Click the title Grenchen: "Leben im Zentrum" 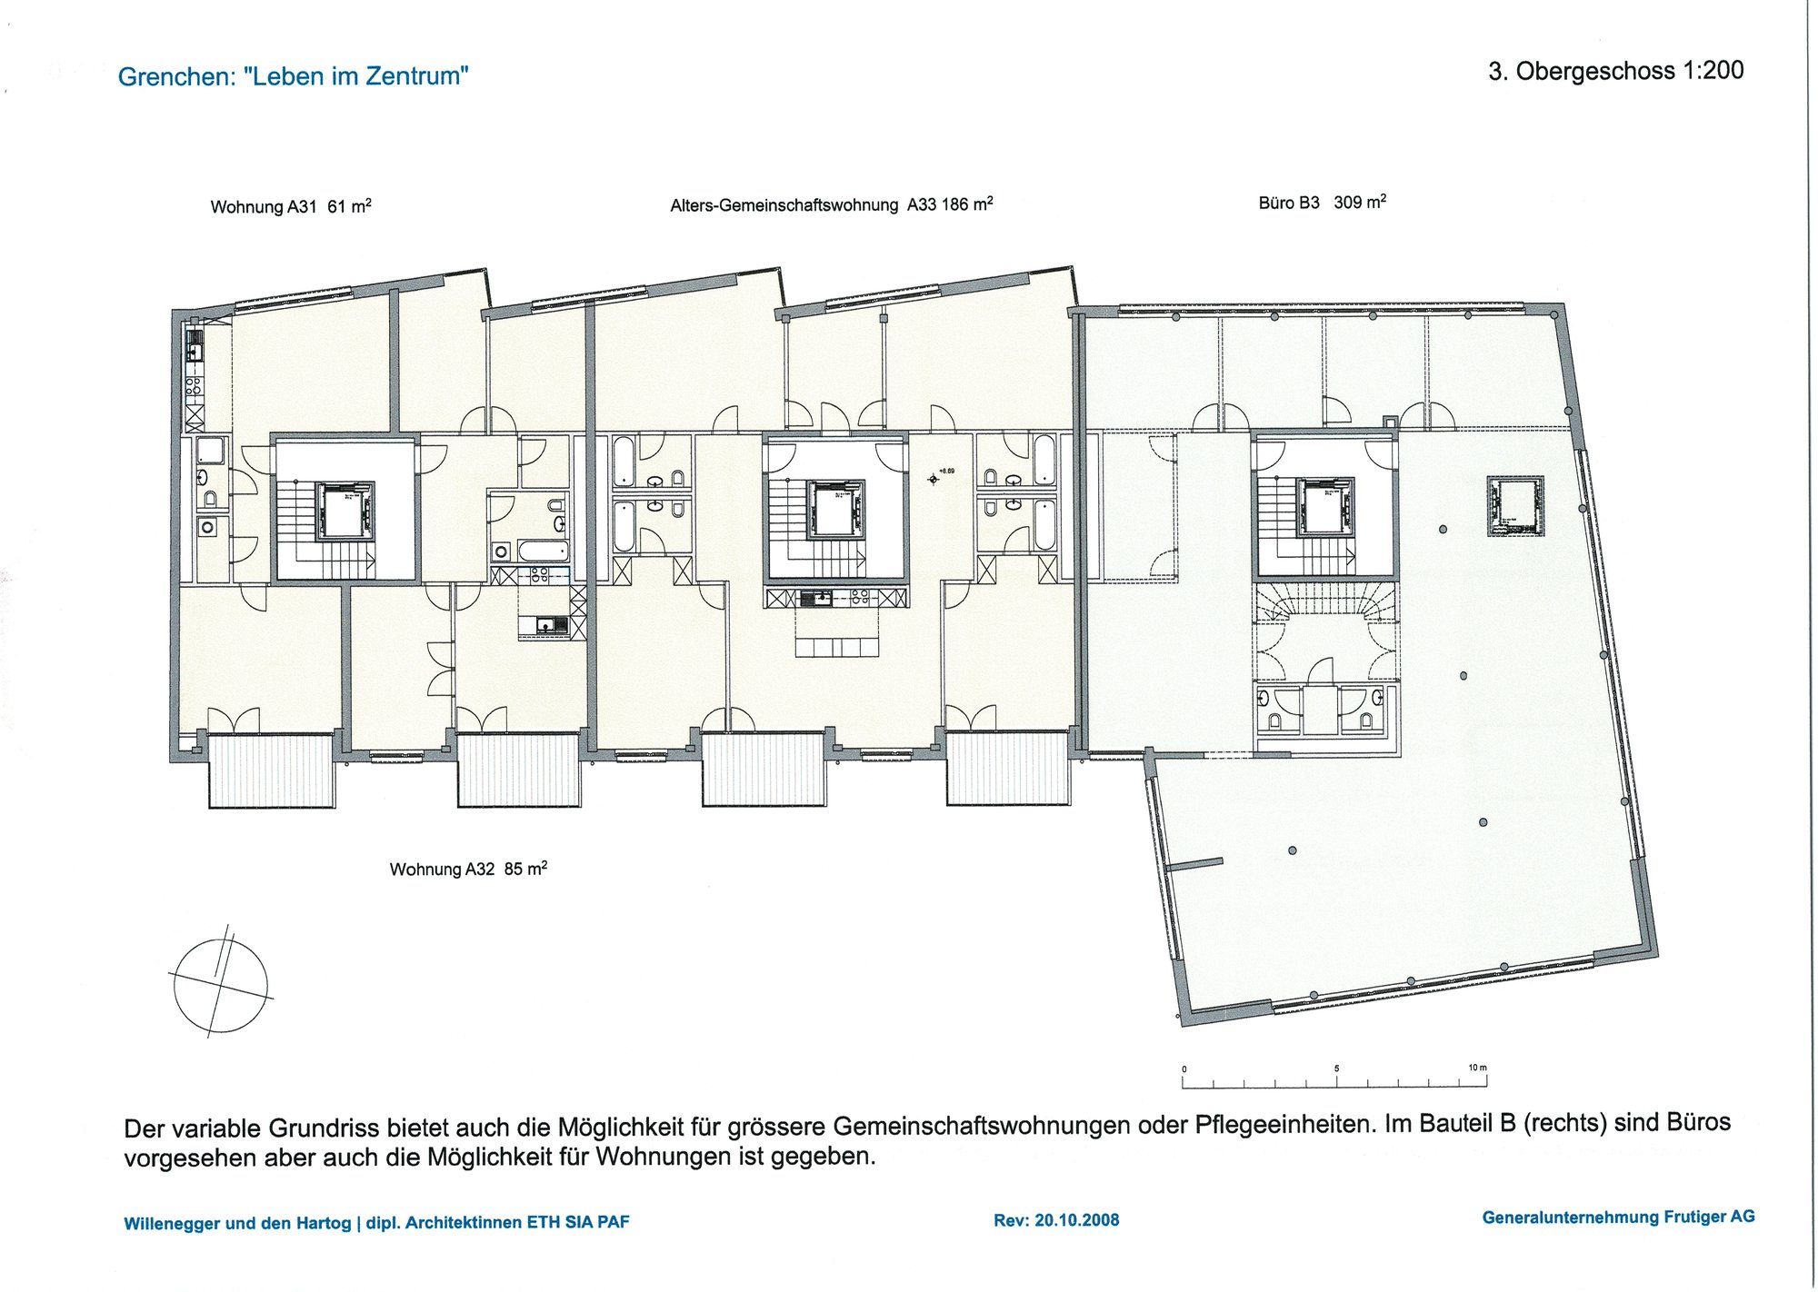(x=294, y=76)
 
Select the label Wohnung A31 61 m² (x=291, y=206)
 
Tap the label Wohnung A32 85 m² (x=468, y=869)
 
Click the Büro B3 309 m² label (x=1323, y=202)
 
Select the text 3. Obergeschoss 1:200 (x=1616, y=71)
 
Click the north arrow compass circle (x=221, y=986)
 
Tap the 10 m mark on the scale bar (x=1478, y=1068)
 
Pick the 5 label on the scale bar (x=1336, y=1068)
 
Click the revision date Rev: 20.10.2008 (x=1056, y=1220)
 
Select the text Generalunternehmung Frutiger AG (x=1618, y=1217)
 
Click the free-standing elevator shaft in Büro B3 (x=1515, y=505)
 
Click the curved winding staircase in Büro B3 (x=1325, y=604)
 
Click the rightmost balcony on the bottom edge (x=1007, y=769)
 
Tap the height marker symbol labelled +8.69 (x=934, y=478)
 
